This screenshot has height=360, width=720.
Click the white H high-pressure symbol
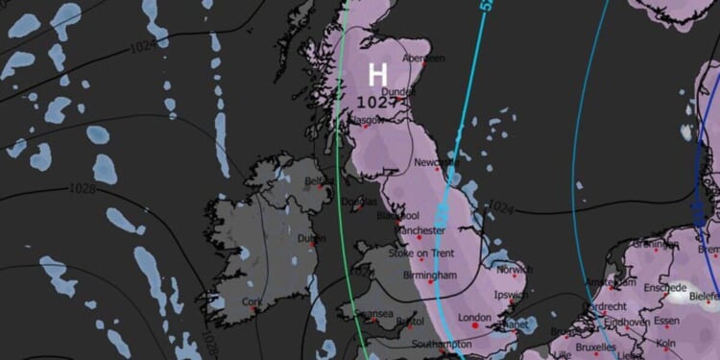point(378,74)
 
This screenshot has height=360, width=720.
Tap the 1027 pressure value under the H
point(377,100)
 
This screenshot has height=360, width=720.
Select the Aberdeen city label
point(423,59)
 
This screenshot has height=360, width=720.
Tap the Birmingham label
point(430,276)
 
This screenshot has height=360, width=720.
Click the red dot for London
point(474,327)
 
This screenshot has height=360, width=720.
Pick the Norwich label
point(514,271)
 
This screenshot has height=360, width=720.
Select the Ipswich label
point(509,296)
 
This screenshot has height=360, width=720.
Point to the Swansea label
point(372,314)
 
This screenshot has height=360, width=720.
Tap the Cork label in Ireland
point(252,302)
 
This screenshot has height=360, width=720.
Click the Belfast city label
point(319,180)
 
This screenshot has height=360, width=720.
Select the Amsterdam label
point(610,282)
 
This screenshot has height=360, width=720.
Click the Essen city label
point(665,321)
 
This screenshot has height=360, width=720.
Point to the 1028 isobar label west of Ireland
point(83,189)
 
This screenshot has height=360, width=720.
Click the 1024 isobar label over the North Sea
point(501,206)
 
